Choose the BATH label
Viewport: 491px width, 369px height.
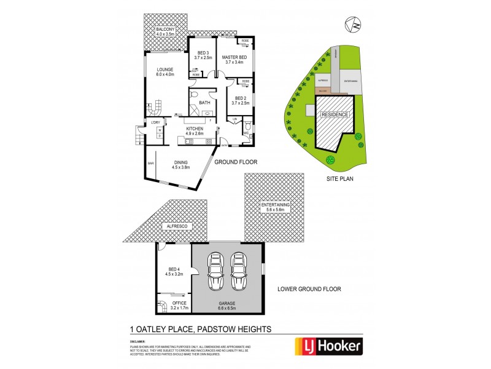point(204,102)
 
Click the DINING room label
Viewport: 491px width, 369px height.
point(180,164)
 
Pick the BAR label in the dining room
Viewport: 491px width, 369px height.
point(150,163)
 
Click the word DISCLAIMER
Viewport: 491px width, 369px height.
point(137,339)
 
